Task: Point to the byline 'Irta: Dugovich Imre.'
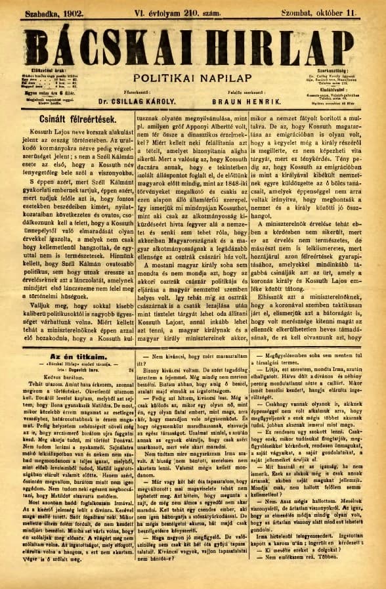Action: point(70,370)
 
